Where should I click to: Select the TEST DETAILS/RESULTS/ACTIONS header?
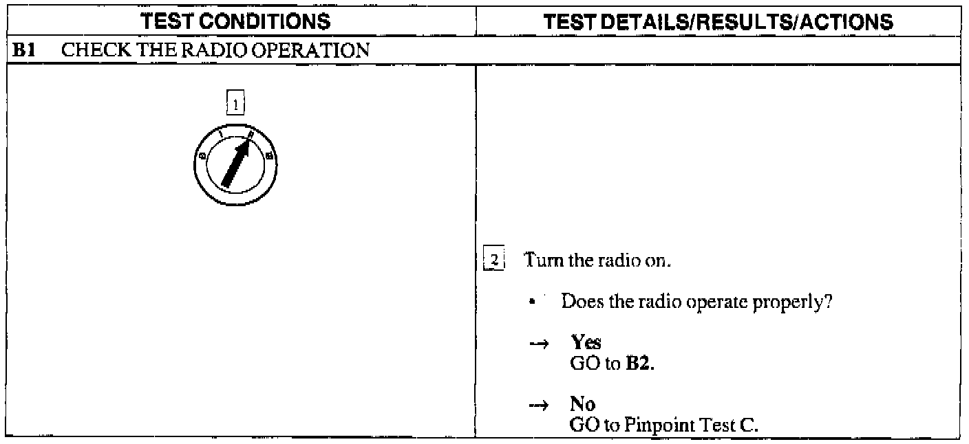(718, 23)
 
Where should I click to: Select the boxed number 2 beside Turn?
(493, 261)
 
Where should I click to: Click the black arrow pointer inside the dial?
(236, 165)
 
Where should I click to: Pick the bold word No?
(582, 405)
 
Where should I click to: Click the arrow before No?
(542, 406)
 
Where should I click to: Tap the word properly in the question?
(804, 302)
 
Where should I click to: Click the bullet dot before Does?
(533, 302)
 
